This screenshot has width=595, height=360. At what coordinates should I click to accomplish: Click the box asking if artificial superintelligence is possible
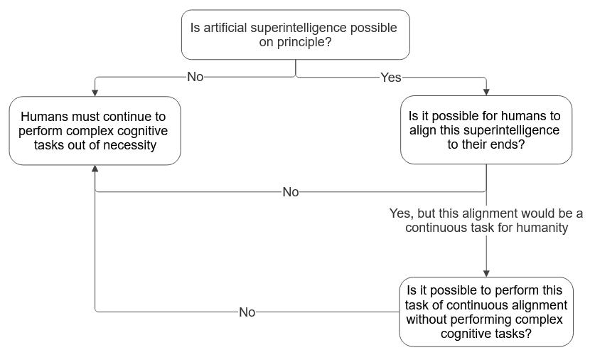coord(295,34)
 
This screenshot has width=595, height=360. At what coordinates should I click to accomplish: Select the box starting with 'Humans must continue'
coord(95,131)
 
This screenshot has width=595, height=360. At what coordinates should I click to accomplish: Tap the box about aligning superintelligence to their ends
coord(486,130)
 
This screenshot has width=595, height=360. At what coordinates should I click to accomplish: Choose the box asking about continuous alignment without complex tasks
coord(486,312)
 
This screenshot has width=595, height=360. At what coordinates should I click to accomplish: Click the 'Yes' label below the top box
coord(390,78)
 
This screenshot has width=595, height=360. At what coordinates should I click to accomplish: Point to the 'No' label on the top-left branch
coord(195,78)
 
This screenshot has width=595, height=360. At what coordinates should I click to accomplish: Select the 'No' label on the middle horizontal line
coord(290,192)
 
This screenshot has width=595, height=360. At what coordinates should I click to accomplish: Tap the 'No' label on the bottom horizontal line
coord(247,312)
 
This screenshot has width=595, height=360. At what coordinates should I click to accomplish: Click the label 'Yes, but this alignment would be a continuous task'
coord(486,221)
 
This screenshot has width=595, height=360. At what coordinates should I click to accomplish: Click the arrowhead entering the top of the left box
coord(95,92)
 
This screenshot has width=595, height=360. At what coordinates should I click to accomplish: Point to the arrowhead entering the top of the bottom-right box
coord(486,272)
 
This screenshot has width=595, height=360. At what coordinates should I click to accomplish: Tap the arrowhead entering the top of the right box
coord(486,92)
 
